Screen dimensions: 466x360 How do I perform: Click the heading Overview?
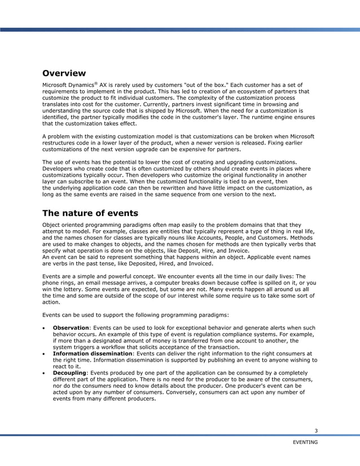pyautogui.click(x=64, y=73)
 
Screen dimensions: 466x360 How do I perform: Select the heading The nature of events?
pyautogui.click(x=90, y=213)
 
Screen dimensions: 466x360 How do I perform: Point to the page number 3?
pyautogui.click(x=316, y=432)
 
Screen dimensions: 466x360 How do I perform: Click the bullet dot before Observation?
pyautogui.click(x=45, y=328)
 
